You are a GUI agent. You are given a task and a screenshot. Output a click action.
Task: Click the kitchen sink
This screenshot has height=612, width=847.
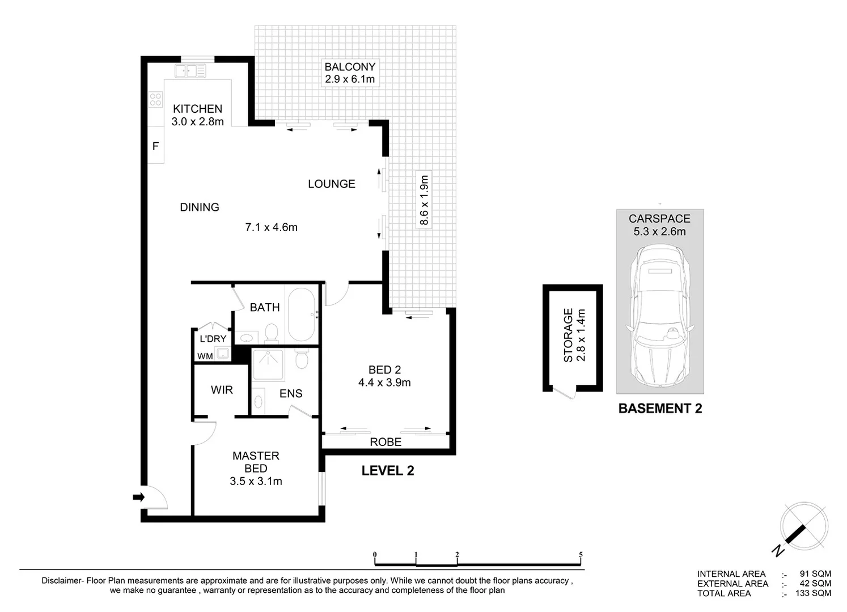pyautogui.click(x=190, y=71)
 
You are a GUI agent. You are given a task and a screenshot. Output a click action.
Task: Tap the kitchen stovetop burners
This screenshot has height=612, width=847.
pyautogui.click(x=155, y=100)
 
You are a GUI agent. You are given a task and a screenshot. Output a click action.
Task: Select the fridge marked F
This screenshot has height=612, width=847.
pyautogui.click(x=155, y=147)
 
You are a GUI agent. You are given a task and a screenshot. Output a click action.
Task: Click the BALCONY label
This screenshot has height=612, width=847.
pyautogui.click(x=350, y=67)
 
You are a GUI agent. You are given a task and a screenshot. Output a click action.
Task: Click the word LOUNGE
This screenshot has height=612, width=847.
pyautogui.click(x=331, y=184)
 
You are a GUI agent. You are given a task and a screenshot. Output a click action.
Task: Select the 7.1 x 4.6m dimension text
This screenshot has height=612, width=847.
pyautogui.click(x=271, y=227)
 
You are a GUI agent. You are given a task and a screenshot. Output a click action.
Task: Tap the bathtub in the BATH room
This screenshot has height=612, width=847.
pyautogui.click(x=302, y=315)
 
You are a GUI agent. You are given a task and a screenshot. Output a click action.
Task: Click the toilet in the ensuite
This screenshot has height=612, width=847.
pyautogui.click(x=302, y=359)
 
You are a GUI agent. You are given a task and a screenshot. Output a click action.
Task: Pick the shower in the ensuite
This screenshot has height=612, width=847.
pyautogui.click(x=268, y=364)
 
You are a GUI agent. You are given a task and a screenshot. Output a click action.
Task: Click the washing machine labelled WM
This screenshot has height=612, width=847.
pyautogui.click(x=222, y=355)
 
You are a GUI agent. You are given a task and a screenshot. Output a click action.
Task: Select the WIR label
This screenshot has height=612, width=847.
pyautogui.click(x=222, y=390)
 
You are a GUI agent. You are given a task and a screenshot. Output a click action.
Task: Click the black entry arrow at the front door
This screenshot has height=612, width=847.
pyautogui.click(x=138, y=497)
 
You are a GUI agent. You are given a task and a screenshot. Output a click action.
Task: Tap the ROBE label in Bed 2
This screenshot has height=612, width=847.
pyautogui.click(x=386, y=442)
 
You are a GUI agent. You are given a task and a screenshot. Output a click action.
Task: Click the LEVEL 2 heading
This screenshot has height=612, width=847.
pyautogui.click(x=388, y=470)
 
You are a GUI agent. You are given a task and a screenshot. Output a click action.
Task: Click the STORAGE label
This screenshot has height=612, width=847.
pyautogui.click(x=568, y=335)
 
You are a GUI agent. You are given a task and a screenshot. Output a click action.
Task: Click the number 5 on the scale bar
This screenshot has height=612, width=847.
pyautogui.click(x=581, y=555)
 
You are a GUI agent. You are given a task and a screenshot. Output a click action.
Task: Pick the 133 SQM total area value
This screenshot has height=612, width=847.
pyautogui.click(x=812, y=593)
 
